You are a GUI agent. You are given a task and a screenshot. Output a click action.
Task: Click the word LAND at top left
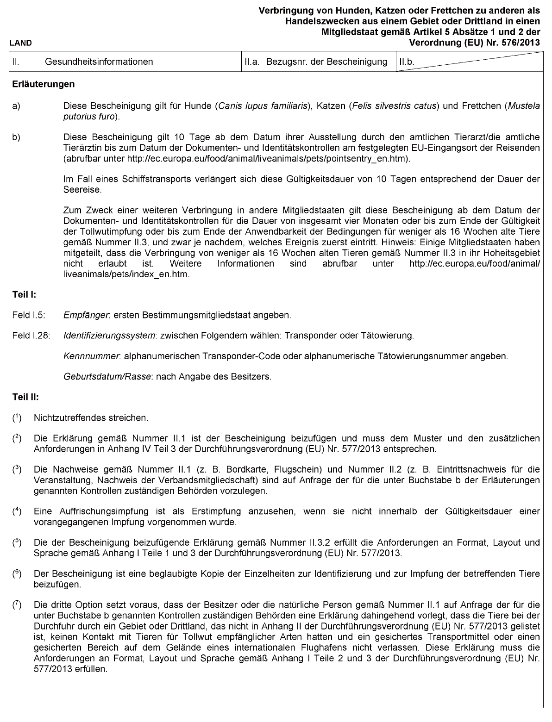click(x=20, y=44)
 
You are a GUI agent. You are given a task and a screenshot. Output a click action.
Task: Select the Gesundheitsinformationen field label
click(x=99, y=62)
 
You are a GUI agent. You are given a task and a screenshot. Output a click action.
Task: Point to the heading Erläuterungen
click(x=44, y=84)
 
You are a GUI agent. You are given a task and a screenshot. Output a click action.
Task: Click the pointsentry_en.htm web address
click(x=268, y=158)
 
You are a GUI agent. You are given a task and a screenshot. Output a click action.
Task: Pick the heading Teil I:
click(x=24, y=294)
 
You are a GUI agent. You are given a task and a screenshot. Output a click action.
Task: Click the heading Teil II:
click(x=25, y=397)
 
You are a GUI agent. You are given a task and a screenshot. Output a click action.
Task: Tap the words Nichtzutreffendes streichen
click(x=91, y=418)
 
